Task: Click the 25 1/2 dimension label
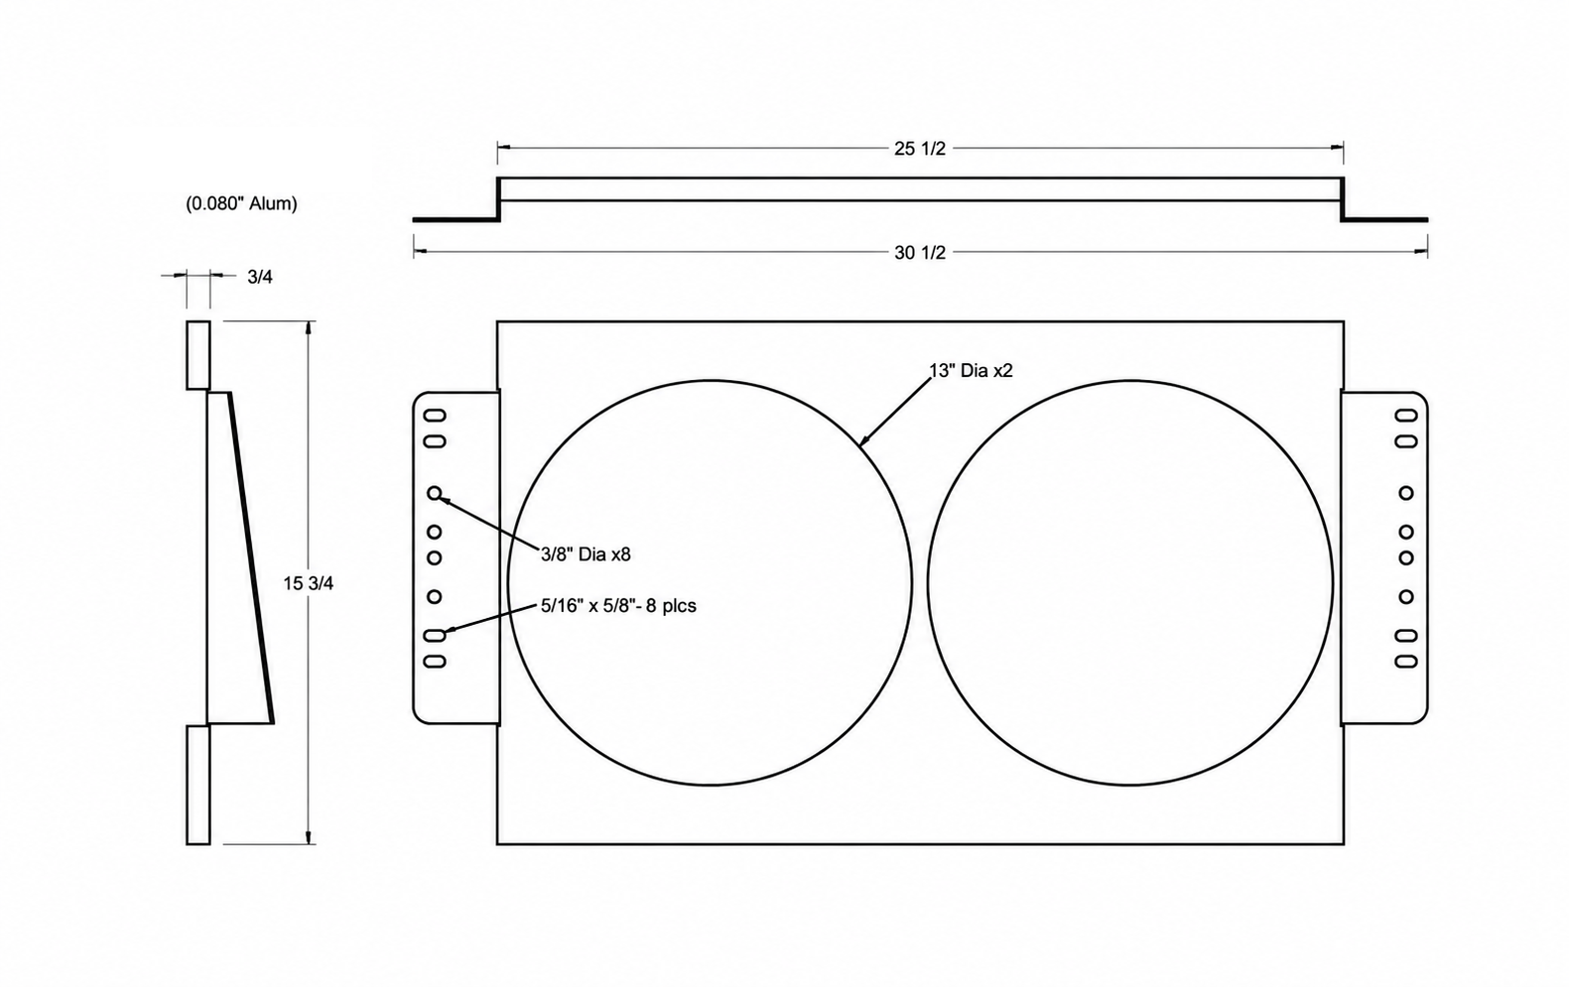click(x=920, y=149)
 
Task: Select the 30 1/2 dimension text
click(x=920, y=253)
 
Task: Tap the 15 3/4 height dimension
click(x=309, y=583)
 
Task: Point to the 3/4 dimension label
click(x=260, y=277)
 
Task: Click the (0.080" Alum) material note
click(x=242, y=203)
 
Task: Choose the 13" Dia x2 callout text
click(x=971, y=370)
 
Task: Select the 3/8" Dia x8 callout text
click(x=586, y=555)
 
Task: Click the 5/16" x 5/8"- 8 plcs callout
click(x=618, y=605)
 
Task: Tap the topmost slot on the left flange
click(x=435, y=416)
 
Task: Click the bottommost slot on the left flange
click(x=435, y=662)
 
